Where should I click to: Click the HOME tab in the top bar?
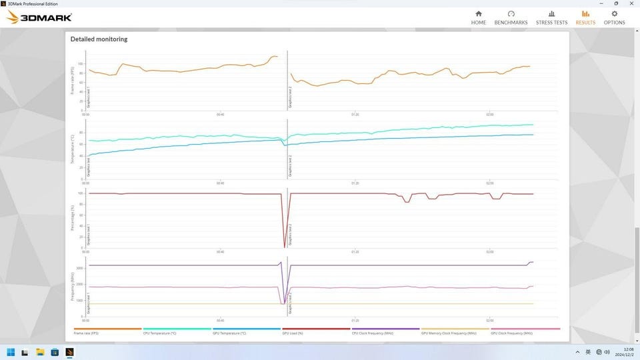pos(478,17)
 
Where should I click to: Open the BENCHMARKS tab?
pos(511,17)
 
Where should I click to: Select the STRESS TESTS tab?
pos(551,17)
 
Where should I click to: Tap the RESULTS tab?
pos(585,17)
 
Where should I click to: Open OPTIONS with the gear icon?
pos(614,17)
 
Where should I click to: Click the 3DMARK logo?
pos(39,17)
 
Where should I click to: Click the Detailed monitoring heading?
pos(99,39)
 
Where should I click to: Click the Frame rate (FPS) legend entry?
pos(87,333)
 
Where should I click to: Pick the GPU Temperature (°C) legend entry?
pos(229,333)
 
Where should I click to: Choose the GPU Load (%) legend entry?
pos(293,333)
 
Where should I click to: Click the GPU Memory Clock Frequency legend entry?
pos(449,333)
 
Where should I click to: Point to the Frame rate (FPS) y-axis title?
pos(73,81)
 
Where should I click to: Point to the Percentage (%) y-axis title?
pos(73,217)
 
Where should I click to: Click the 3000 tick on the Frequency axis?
pos(79,268)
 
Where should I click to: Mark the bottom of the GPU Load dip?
pos(285,247)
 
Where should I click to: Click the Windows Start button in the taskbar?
pos(11,351)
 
